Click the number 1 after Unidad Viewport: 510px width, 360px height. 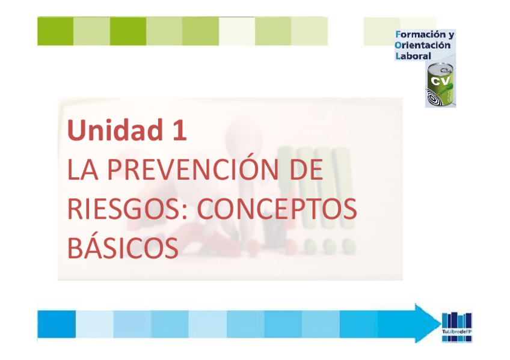(x=177, y=130)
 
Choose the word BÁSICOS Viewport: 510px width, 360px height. (x=123, y=248)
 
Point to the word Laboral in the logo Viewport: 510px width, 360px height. (x=413, y=55)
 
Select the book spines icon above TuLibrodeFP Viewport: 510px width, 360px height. (x=457, y=320)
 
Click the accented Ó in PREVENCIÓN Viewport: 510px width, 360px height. (x=253, y=169)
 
